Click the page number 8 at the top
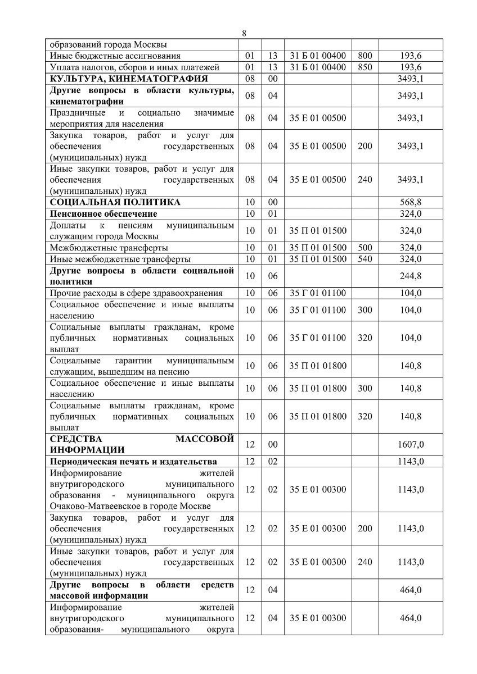pos(244,33)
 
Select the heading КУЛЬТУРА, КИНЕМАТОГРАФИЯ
pos(129,78)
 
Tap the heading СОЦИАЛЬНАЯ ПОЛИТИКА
pos(115,202)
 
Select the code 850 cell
pos(364,67)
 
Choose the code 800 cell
pos(364,56)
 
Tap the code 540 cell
pos(364,259)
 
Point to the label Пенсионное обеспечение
pos(103,214)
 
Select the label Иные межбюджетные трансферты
pos(120,259)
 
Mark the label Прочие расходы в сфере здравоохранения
pos(136,293)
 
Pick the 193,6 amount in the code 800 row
pos(411,56)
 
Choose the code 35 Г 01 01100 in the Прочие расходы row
pos(318,293)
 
